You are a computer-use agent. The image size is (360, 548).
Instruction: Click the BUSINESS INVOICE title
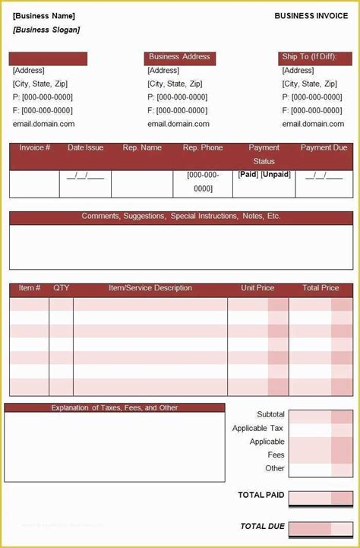click(x=312, y=15)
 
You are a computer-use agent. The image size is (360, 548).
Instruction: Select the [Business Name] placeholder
click(x=44, y=16)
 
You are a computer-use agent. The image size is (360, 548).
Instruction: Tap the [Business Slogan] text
click(x=46, y=30)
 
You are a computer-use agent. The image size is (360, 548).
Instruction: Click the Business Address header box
click(x=179, y=57)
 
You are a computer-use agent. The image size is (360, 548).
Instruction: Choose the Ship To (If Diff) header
click(x=312, y=57)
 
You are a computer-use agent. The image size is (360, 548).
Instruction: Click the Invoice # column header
click(x=35, y=147)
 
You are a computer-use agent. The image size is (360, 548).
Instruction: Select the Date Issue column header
click(x=86, y=147)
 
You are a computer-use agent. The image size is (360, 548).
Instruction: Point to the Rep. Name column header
click(x=142, y=147)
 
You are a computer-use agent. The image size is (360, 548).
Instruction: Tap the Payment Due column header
click(x=324, y=147)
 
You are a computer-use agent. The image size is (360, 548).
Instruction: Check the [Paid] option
click(x=248, y=175)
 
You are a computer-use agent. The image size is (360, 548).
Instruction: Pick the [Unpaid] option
click(x=276, y=175)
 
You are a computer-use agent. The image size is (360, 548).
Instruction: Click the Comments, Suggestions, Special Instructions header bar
click(x=181, y=217)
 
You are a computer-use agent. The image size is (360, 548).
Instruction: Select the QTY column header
click(x=62, y=289)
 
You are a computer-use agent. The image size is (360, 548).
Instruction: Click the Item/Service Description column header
click(x=150, y=289)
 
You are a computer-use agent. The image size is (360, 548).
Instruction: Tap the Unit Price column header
click(x=257, y=289)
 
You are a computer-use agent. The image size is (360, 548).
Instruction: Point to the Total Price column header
click(x=321, y=289)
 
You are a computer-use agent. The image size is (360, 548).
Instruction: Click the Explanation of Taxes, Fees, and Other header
click(x=115, y=408)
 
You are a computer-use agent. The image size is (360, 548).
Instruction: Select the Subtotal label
click(x=270, y=414)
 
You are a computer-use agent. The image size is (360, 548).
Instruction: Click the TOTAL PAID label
click(x=261, y=496)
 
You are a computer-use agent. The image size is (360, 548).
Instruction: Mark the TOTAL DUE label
click(x=262, y=526)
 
